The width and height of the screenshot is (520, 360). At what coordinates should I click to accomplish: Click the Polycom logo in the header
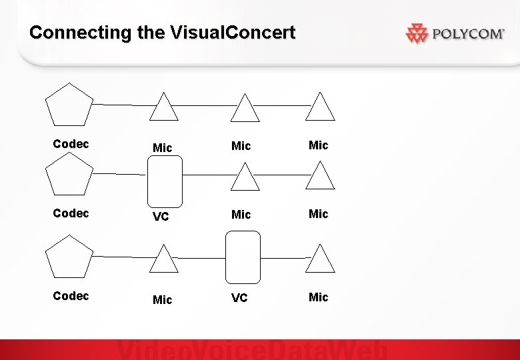click(455, 33)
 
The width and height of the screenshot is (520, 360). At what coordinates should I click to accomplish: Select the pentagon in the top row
click(69, 105)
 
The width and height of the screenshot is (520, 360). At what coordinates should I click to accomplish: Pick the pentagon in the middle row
click(69, 175)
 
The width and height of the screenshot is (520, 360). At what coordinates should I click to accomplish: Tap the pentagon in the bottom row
click(69, 257)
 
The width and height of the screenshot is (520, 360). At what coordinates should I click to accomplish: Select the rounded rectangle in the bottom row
click(243, 257)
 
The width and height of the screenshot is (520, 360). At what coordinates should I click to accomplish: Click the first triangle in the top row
click(163, 109)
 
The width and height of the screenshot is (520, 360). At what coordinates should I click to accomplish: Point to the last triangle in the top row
click(320, 109)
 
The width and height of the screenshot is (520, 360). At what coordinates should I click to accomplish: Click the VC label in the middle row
click(160, 217)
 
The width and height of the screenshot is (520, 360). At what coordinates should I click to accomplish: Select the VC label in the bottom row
click(239, 297)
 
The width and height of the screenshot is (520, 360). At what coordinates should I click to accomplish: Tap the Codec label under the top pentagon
click(71, 144)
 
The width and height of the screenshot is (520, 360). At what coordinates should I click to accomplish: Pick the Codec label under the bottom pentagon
click(71, 296)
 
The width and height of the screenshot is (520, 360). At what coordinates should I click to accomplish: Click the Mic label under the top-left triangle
click(162, 148)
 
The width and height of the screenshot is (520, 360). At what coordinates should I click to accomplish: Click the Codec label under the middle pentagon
click(71, 213)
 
